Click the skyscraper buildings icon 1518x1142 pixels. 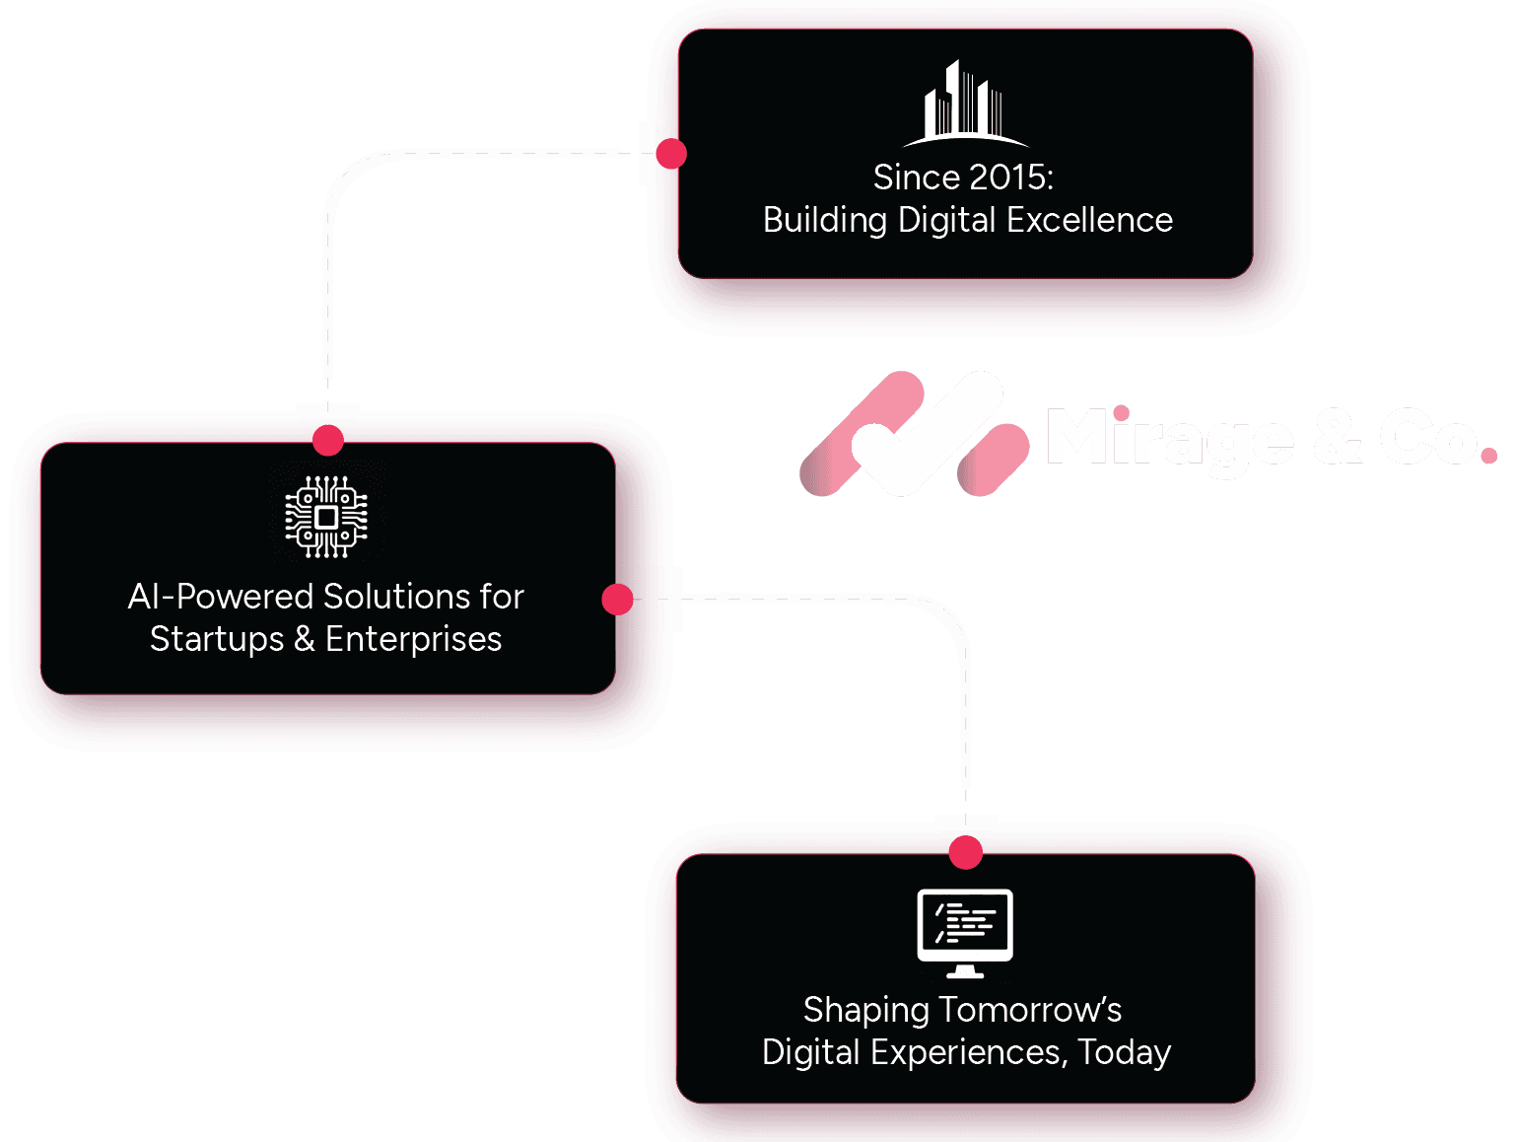pyautogui.click(x=965, y=105)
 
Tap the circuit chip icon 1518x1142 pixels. pyautogui.click(x=326, y=517)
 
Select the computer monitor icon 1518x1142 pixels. pyautogui.click(x=965, y=932)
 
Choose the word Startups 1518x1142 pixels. pyautogui.click(x=217, y=639)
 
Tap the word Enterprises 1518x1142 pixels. pyautogui.click(x=413, y=639)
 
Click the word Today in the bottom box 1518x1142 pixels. pyautogui.click(x=1124, y=1052)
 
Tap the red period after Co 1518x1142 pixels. pyautogui.click(x=1487, y=456)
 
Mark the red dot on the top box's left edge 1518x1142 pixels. pyautogui.click(x=671, y=154)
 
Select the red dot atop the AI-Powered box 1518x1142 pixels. pyautogui.click(x=327, y=440)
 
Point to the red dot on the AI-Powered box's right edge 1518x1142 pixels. pyautogui.click(x=617, y=599)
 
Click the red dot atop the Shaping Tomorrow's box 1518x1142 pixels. pyautogui.click(x=966, y=852)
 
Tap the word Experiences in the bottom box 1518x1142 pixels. pyautogui.click(x=967, y=1052)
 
